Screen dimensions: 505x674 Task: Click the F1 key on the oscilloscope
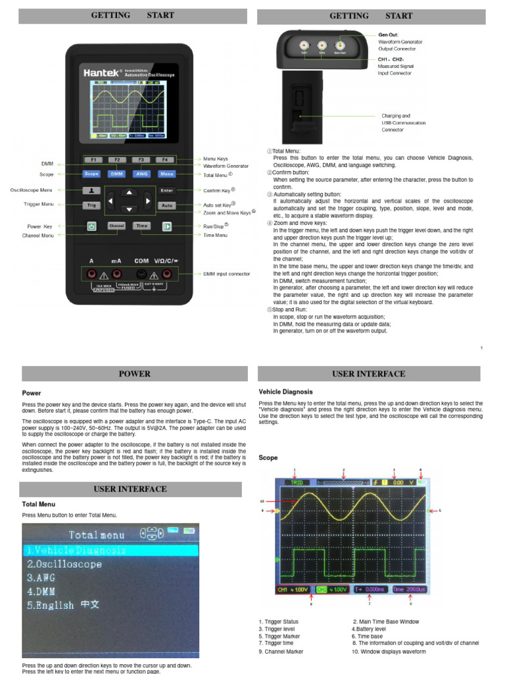tap(93, 159)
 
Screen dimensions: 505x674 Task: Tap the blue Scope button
tap(92, 174)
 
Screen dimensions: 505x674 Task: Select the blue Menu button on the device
tap(166, 174)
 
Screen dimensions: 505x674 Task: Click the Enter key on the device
tap(166, 191)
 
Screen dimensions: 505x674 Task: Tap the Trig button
tap(92, 205)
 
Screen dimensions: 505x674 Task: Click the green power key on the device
tap(92, 226)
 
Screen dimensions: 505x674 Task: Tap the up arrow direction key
tap(130, 192)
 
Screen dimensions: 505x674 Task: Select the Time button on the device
tap(141, 226)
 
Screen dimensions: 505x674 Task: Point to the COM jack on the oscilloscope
tap(141, 273)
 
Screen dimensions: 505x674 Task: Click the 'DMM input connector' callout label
tap(227, 274)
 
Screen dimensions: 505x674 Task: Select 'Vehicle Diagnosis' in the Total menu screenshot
tap(76, 550)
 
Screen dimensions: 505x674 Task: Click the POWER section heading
tap(134, 374)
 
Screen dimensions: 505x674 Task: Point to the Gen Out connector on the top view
tap(339, 47)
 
